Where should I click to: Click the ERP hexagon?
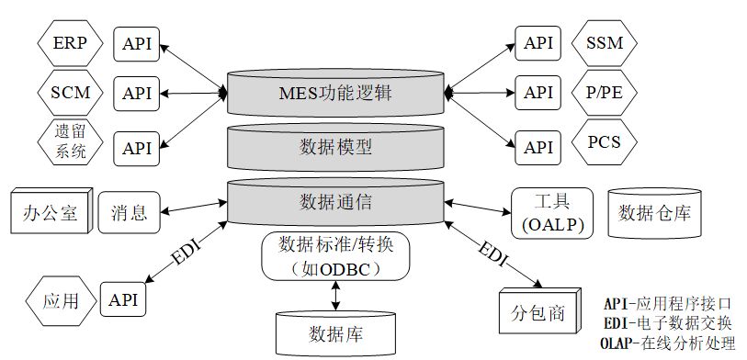pos(70,43)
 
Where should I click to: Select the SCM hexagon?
pos(70,93)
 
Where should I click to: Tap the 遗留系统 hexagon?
pos(70,142)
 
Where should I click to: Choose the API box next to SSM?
pos(538,43)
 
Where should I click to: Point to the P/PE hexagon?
pos(603,92)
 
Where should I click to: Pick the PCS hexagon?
pos(603,142)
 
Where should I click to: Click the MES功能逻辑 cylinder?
pos(335,93)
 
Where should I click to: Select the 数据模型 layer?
pos(335,147)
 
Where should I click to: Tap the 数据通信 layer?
pos(335,201)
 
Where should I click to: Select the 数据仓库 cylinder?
pos(654,213)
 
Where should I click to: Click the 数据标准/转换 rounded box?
pos(334,256)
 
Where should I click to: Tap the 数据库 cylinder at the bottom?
pos(335,332)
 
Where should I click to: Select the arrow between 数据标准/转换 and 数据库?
pos(335,295)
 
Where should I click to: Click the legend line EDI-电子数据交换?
pos(667,322)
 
